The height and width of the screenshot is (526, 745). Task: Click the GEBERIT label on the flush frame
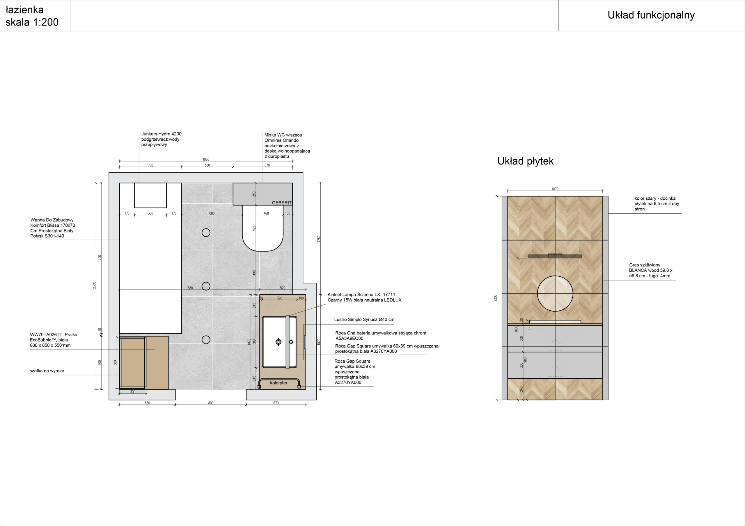click(x=282, y=203)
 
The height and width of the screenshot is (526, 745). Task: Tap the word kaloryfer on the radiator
click(x=279, y=383)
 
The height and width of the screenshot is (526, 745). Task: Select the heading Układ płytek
click(x=525, y=161)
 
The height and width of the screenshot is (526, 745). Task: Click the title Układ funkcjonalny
click(x=651, y=15)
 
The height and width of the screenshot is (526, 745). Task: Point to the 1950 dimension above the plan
click(x=206, y=160)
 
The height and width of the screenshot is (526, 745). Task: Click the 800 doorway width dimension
click(x=211, y=403)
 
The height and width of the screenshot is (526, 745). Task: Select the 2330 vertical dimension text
click(x=94, y=285)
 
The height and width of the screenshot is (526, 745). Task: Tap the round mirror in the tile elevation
click(x=555, y=294)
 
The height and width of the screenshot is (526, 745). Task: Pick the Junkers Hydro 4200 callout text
click(x=161, y=139)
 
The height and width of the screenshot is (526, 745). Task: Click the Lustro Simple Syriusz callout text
click(x=364, y=320)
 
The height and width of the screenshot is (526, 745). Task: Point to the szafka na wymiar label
click(x=47, y=371)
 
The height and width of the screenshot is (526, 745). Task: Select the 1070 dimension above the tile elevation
click(x=555, y=189)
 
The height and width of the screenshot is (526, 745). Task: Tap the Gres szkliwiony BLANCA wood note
click(x=651, y=270)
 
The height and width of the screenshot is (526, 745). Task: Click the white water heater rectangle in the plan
click(x=150, y=195)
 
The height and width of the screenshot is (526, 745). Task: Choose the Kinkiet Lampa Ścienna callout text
click(x=364, y=298)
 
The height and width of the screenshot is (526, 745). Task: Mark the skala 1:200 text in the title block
click(x=32, y=22)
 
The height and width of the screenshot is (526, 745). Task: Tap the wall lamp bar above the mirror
click(x=555, y=256)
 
